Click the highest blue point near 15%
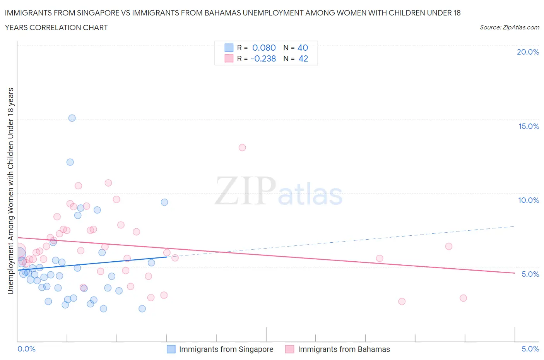72,118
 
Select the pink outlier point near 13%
242,147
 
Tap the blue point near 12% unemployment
70,162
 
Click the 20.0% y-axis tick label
528,52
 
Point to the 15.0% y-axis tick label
529,126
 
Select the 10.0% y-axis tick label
529,200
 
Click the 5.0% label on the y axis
530,274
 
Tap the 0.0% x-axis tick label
27,349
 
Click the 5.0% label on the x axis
530,349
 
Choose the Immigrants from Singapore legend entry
226,349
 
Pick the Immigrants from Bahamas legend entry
344,349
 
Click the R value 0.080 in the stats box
264,48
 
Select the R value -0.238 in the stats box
263,58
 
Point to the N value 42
303,58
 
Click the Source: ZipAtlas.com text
509,27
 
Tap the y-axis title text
10,191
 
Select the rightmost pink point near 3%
463,298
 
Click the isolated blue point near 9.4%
164,202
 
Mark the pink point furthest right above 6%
449,246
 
